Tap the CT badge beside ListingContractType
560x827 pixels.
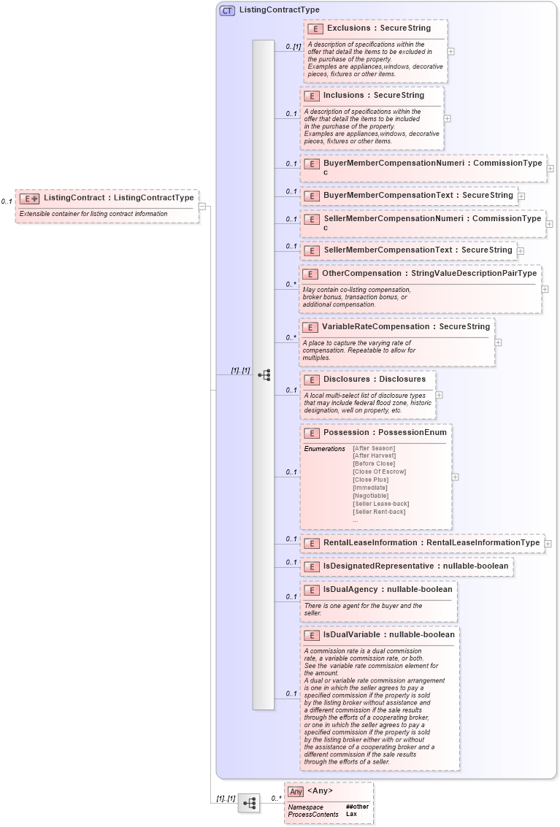[227, 10]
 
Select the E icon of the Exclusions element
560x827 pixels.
[315, 28]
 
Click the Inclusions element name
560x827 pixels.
[343, 95]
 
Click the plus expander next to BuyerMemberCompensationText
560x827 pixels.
[521, 196]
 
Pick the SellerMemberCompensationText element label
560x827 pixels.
[387, 250]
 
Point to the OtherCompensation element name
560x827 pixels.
[361, 274]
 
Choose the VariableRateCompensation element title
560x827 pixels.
[375, 326]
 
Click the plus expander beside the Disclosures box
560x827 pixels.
[439, 395]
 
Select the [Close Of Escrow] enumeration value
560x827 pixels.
[379, 472]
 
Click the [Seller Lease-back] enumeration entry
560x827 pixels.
[380, 504]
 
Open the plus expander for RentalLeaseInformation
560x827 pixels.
[548, 543]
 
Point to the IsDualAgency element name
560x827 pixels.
[350, 589]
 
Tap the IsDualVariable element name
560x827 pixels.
[352, 634]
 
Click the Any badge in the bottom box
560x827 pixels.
[295, 791]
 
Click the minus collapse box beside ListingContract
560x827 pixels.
[202, 207]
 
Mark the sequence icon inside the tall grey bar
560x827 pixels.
[264, 375]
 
